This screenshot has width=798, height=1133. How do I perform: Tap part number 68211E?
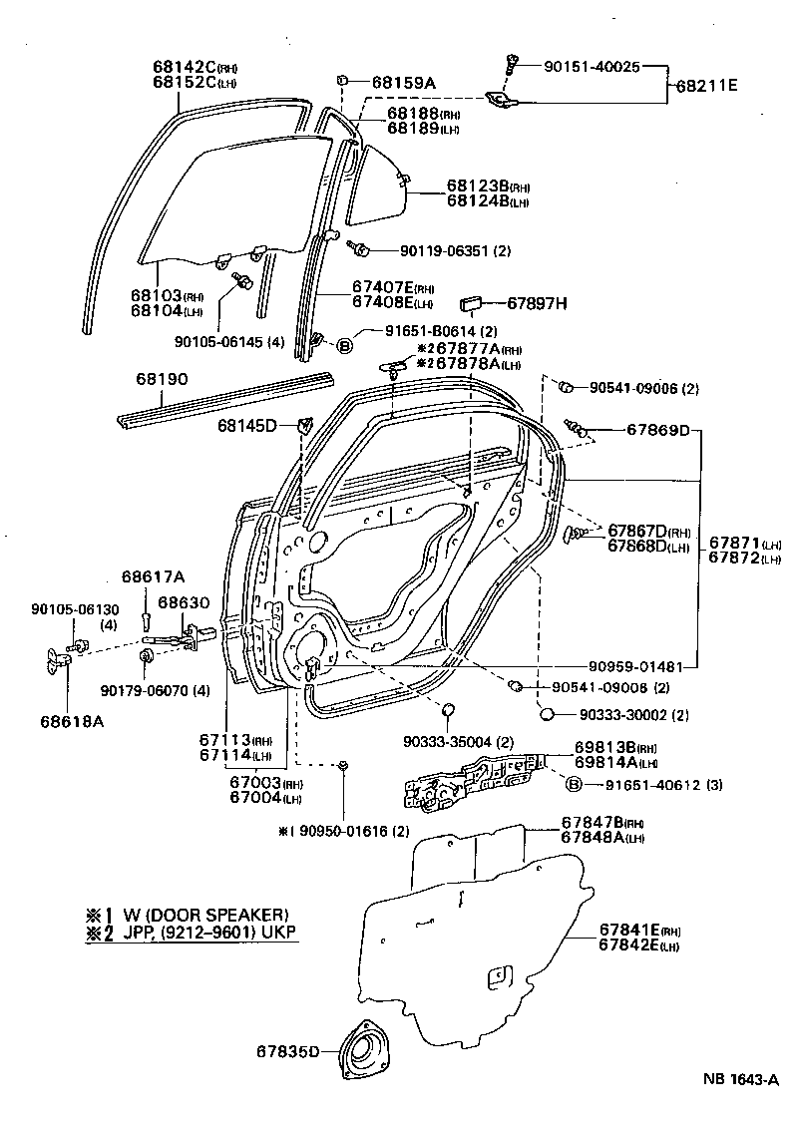tap(707, 86)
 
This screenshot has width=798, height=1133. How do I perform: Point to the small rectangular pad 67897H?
tap(472, 303)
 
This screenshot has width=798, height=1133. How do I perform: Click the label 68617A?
tap(154, 576)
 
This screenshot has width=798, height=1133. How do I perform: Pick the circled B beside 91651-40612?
tap(574, 785)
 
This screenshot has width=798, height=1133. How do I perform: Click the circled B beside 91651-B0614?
tap(344, 346)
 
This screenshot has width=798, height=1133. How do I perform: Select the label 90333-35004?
tap(458, 741)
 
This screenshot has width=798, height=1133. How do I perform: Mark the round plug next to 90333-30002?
tap(547, 714)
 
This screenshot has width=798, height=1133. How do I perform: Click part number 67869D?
tap(658, 430)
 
